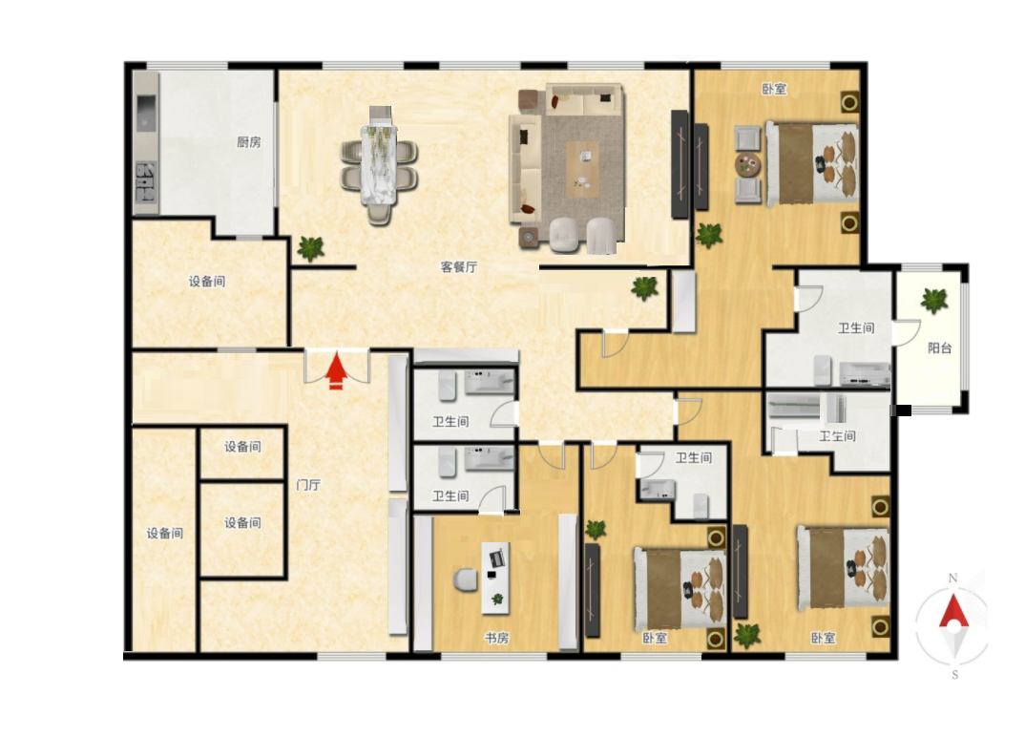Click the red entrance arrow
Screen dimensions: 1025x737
click(336, 370)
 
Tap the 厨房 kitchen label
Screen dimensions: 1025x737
click(248, 142)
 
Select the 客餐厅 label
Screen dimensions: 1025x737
click(459, 266)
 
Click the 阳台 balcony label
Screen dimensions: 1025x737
click(939, 347)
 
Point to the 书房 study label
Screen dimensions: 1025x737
click(497, 638)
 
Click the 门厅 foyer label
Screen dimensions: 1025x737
click(308, 485)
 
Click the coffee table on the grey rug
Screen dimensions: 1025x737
click(582, 169)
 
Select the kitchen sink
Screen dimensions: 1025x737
click(146, 114)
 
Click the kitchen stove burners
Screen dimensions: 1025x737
click(146, 182)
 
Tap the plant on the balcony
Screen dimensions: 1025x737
click(934, 300)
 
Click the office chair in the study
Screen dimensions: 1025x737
click(466, 579)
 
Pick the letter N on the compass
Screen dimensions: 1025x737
click(953, 579)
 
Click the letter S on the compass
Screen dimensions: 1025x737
click(955, 675)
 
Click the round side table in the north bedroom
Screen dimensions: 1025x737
click(747, 165)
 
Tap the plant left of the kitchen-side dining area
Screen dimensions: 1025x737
click(310, 248)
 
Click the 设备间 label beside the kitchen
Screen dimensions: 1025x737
click(207, 282)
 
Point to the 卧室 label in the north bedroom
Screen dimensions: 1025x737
click(774, 89)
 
